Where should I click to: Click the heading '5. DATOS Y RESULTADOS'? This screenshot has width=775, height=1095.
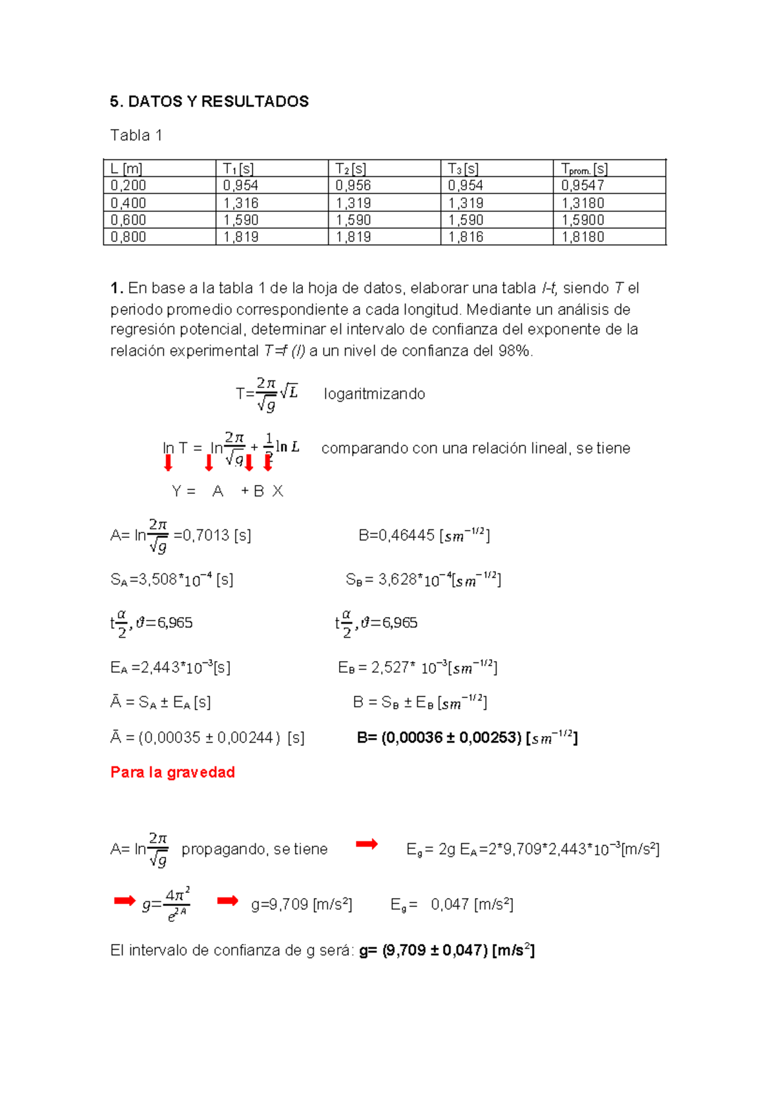pyautogui.click(x=209, y=101)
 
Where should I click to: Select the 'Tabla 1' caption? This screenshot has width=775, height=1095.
pyautogui.click(x=136, y=135)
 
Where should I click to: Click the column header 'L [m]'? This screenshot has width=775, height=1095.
pyautogui.click(x=127, y=169)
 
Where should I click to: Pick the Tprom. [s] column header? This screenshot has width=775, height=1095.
pyautogui.click(x=584, y=169)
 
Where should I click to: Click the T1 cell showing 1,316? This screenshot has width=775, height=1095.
pyautogui.click(x=241, y=203)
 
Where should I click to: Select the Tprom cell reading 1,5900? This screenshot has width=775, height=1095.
pyautogui.click(x=583, y=220)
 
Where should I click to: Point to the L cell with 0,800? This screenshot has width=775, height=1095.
pyautogui.click(x=128, y=237)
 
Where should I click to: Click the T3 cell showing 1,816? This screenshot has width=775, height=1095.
pyautogui.click(x=466, y=237)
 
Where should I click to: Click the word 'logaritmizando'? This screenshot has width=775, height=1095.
pyautogui.click(x=374, y=394)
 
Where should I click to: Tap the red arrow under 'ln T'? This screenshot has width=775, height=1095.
pyautogui.click(x=169, y=463)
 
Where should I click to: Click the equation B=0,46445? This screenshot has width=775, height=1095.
pyautogui.click(x=424, y=535)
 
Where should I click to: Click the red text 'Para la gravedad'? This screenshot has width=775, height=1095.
pyautogui.click(x=172, y=772)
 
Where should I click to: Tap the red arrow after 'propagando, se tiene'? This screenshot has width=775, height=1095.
pyautogui.click(x=367, y=844)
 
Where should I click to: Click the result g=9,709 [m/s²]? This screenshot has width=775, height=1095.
pyautogui.click(x=301, y=905)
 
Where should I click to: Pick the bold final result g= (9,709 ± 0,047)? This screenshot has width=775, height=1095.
pyautogui.click(x=446, y=950)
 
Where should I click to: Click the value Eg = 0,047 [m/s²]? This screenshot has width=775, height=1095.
pyautogui.click(x=451, y=905)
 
